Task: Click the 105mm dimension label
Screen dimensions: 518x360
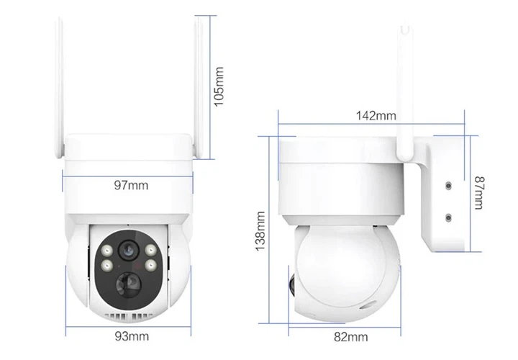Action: pos(219,86)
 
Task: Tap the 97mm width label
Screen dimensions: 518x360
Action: pos(131,186)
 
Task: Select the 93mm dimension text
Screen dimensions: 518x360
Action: pos(132,336)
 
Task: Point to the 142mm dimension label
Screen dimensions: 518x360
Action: pos(376,116)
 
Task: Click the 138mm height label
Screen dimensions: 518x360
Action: pos(260,231)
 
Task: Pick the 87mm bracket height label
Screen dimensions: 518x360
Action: pos(479,193)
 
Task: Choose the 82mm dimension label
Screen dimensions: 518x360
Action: pos(351,337)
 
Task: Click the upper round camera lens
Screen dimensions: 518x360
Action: pos(127,250)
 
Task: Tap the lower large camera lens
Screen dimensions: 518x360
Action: pos(129,284)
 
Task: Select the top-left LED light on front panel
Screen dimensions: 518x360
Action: pos(106,251)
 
